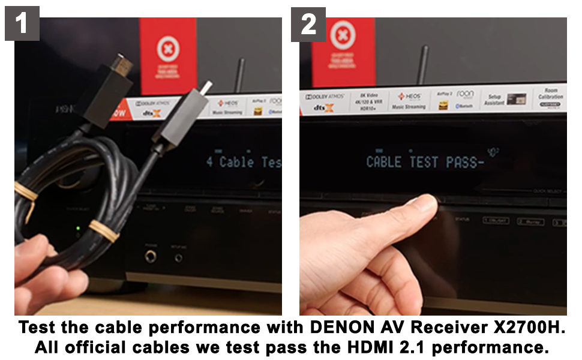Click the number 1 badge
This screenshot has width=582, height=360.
[x=22, y=23]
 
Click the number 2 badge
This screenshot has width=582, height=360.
[x=308, y=24]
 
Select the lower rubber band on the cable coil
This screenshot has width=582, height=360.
[x=103, y=230]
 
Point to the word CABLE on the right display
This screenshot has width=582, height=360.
[x=384, y=162]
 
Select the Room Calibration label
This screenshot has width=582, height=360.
[x=550, y=96]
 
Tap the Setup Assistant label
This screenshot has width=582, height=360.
[x=494, y=100]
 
